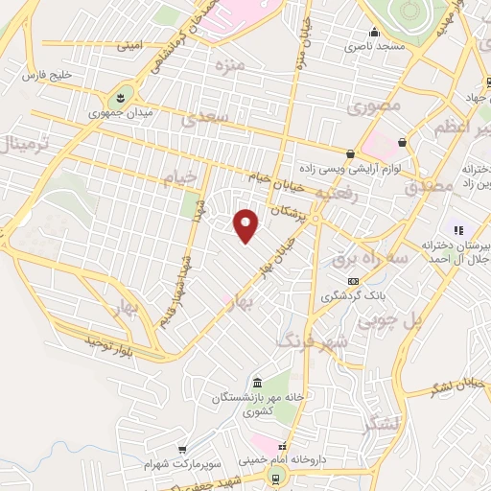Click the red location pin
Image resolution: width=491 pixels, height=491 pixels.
click(x=246, y=225)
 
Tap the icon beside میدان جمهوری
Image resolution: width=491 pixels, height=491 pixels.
click(x=121, y=97)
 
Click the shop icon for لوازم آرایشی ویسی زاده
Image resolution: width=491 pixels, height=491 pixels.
click(x=351, y=154)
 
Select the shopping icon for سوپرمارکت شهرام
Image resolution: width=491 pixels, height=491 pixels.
click(x=181, y=450)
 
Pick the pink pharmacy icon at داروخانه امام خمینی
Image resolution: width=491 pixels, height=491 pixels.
click(x=281, y=448)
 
